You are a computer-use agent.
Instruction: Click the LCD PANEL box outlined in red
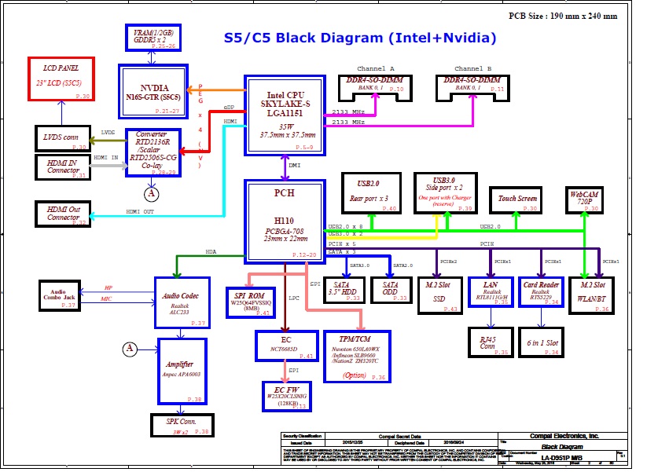coord(61,79)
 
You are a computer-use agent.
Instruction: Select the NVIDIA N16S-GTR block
coord(153,91)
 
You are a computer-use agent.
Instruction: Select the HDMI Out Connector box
coord(63,213)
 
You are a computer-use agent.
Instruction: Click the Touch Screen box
coord(517,200)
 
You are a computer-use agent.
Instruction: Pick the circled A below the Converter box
coord(151,193)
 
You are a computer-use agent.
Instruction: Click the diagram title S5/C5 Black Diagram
coord(360,38)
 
